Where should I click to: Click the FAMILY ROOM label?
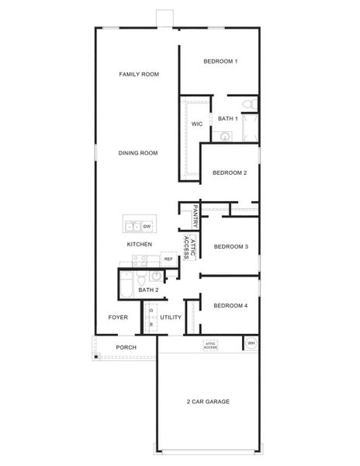(139, 75)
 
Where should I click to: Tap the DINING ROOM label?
(138, 153)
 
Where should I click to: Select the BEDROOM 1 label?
(220, 61)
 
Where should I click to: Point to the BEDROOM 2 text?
(230, 172)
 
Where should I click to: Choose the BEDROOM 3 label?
(230, 247)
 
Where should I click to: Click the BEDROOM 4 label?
(230, 305)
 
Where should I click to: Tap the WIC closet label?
(197, 123)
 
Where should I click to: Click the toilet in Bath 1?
(247, 104)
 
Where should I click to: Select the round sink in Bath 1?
(225, 136)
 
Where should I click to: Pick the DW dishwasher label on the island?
(146, 226)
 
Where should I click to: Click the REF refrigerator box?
(168, 259)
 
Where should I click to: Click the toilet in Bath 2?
(142, 278)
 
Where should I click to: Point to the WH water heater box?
(251, 343)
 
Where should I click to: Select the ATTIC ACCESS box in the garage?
(210, 346)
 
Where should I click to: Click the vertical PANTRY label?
(196, 217)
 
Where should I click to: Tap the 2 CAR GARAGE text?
(207, 402)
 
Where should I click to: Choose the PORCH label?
(126, 347)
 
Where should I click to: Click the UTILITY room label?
(171, 318)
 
